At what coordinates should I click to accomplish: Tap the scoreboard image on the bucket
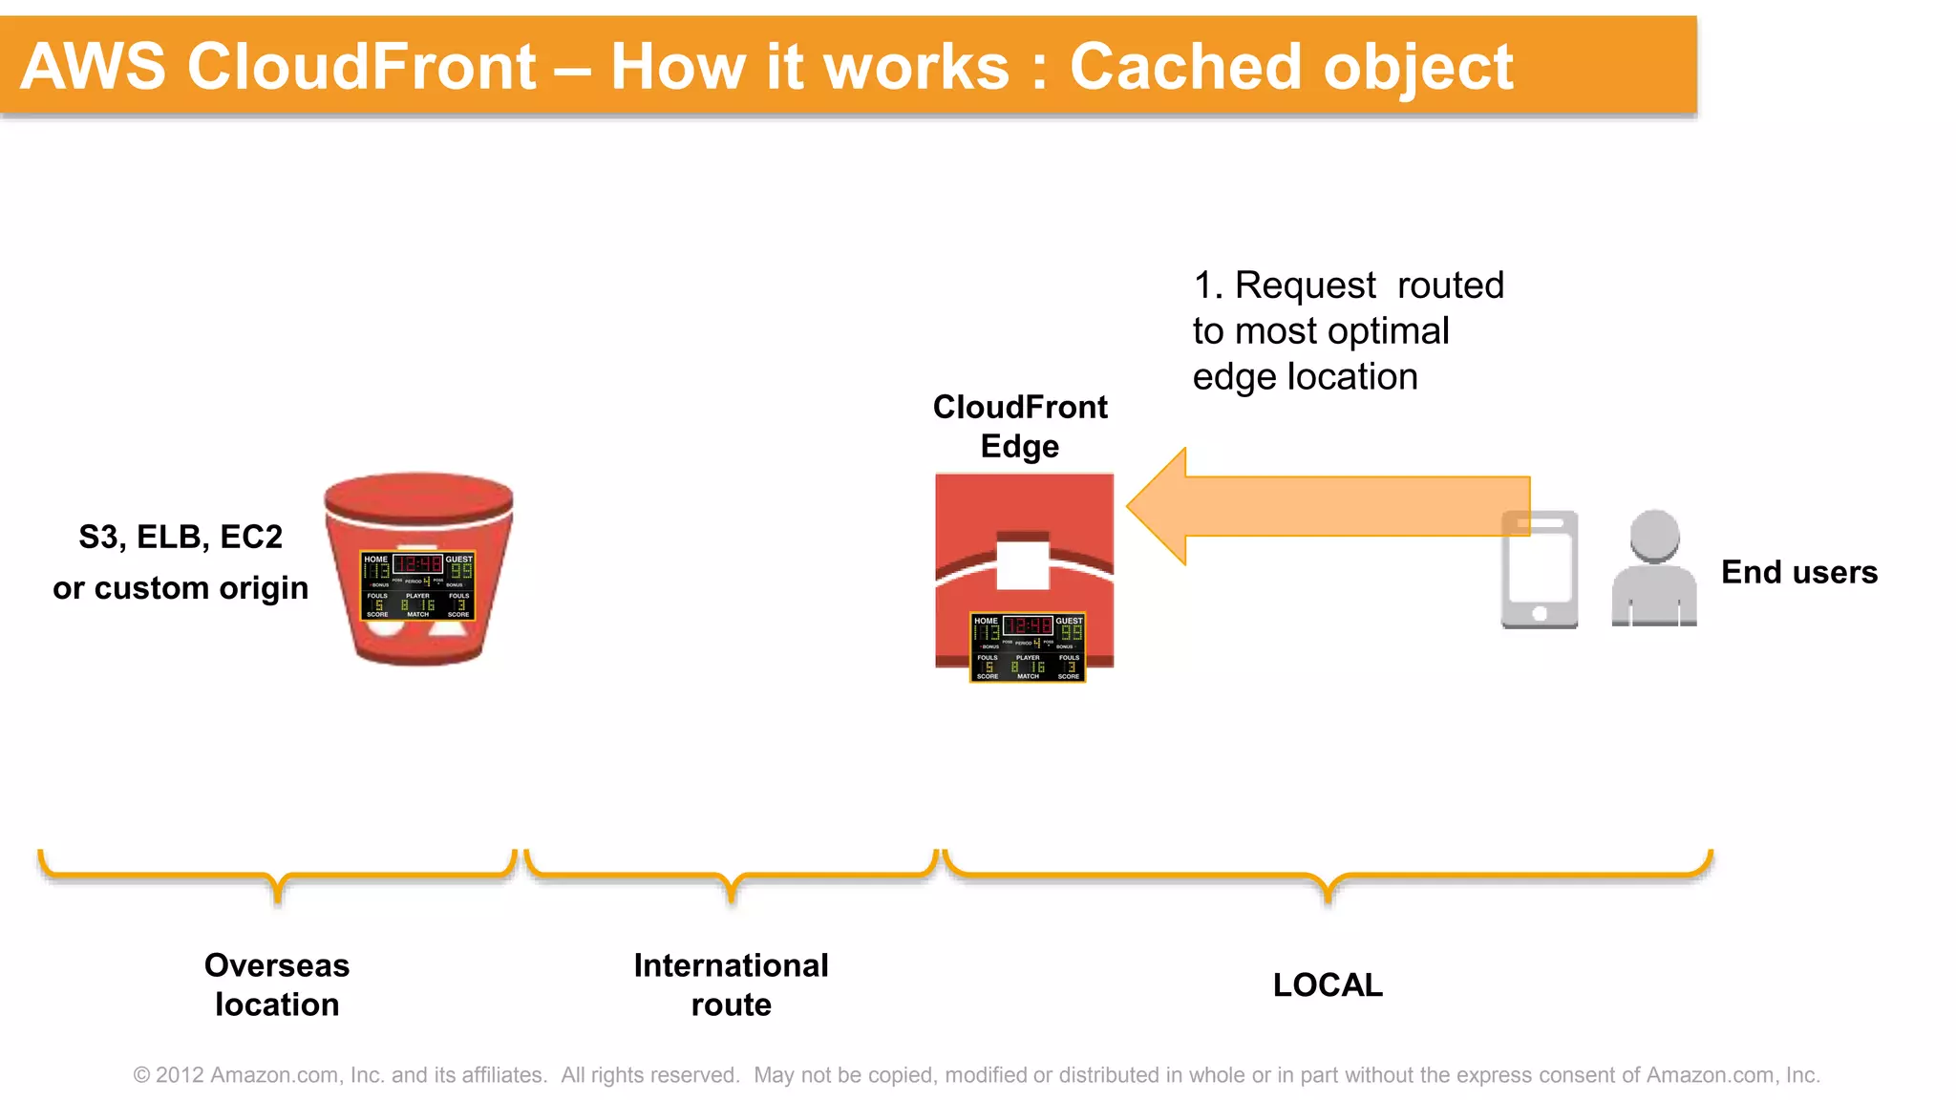click(417, 585)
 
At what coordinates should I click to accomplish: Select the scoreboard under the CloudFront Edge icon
click(1028, 647)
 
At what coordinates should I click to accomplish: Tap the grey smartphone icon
click(1539, 569)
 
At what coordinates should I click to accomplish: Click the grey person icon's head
click(1654, 535)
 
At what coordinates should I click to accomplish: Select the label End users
click(1798, 572)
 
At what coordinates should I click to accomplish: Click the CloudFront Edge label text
click(1020, 426)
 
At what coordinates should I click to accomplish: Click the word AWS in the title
click(93, 67)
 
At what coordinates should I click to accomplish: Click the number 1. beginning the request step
click(1207, 286)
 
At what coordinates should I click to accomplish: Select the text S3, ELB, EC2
click(181, 537)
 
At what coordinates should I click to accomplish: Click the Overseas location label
click(277, 984)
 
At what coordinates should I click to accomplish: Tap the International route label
click(731, 984)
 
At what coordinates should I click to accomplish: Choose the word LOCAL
click(1328, 984)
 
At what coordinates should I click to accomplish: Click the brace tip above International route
click(732, 897)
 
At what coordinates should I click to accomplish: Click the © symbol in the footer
click(141, 1075)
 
